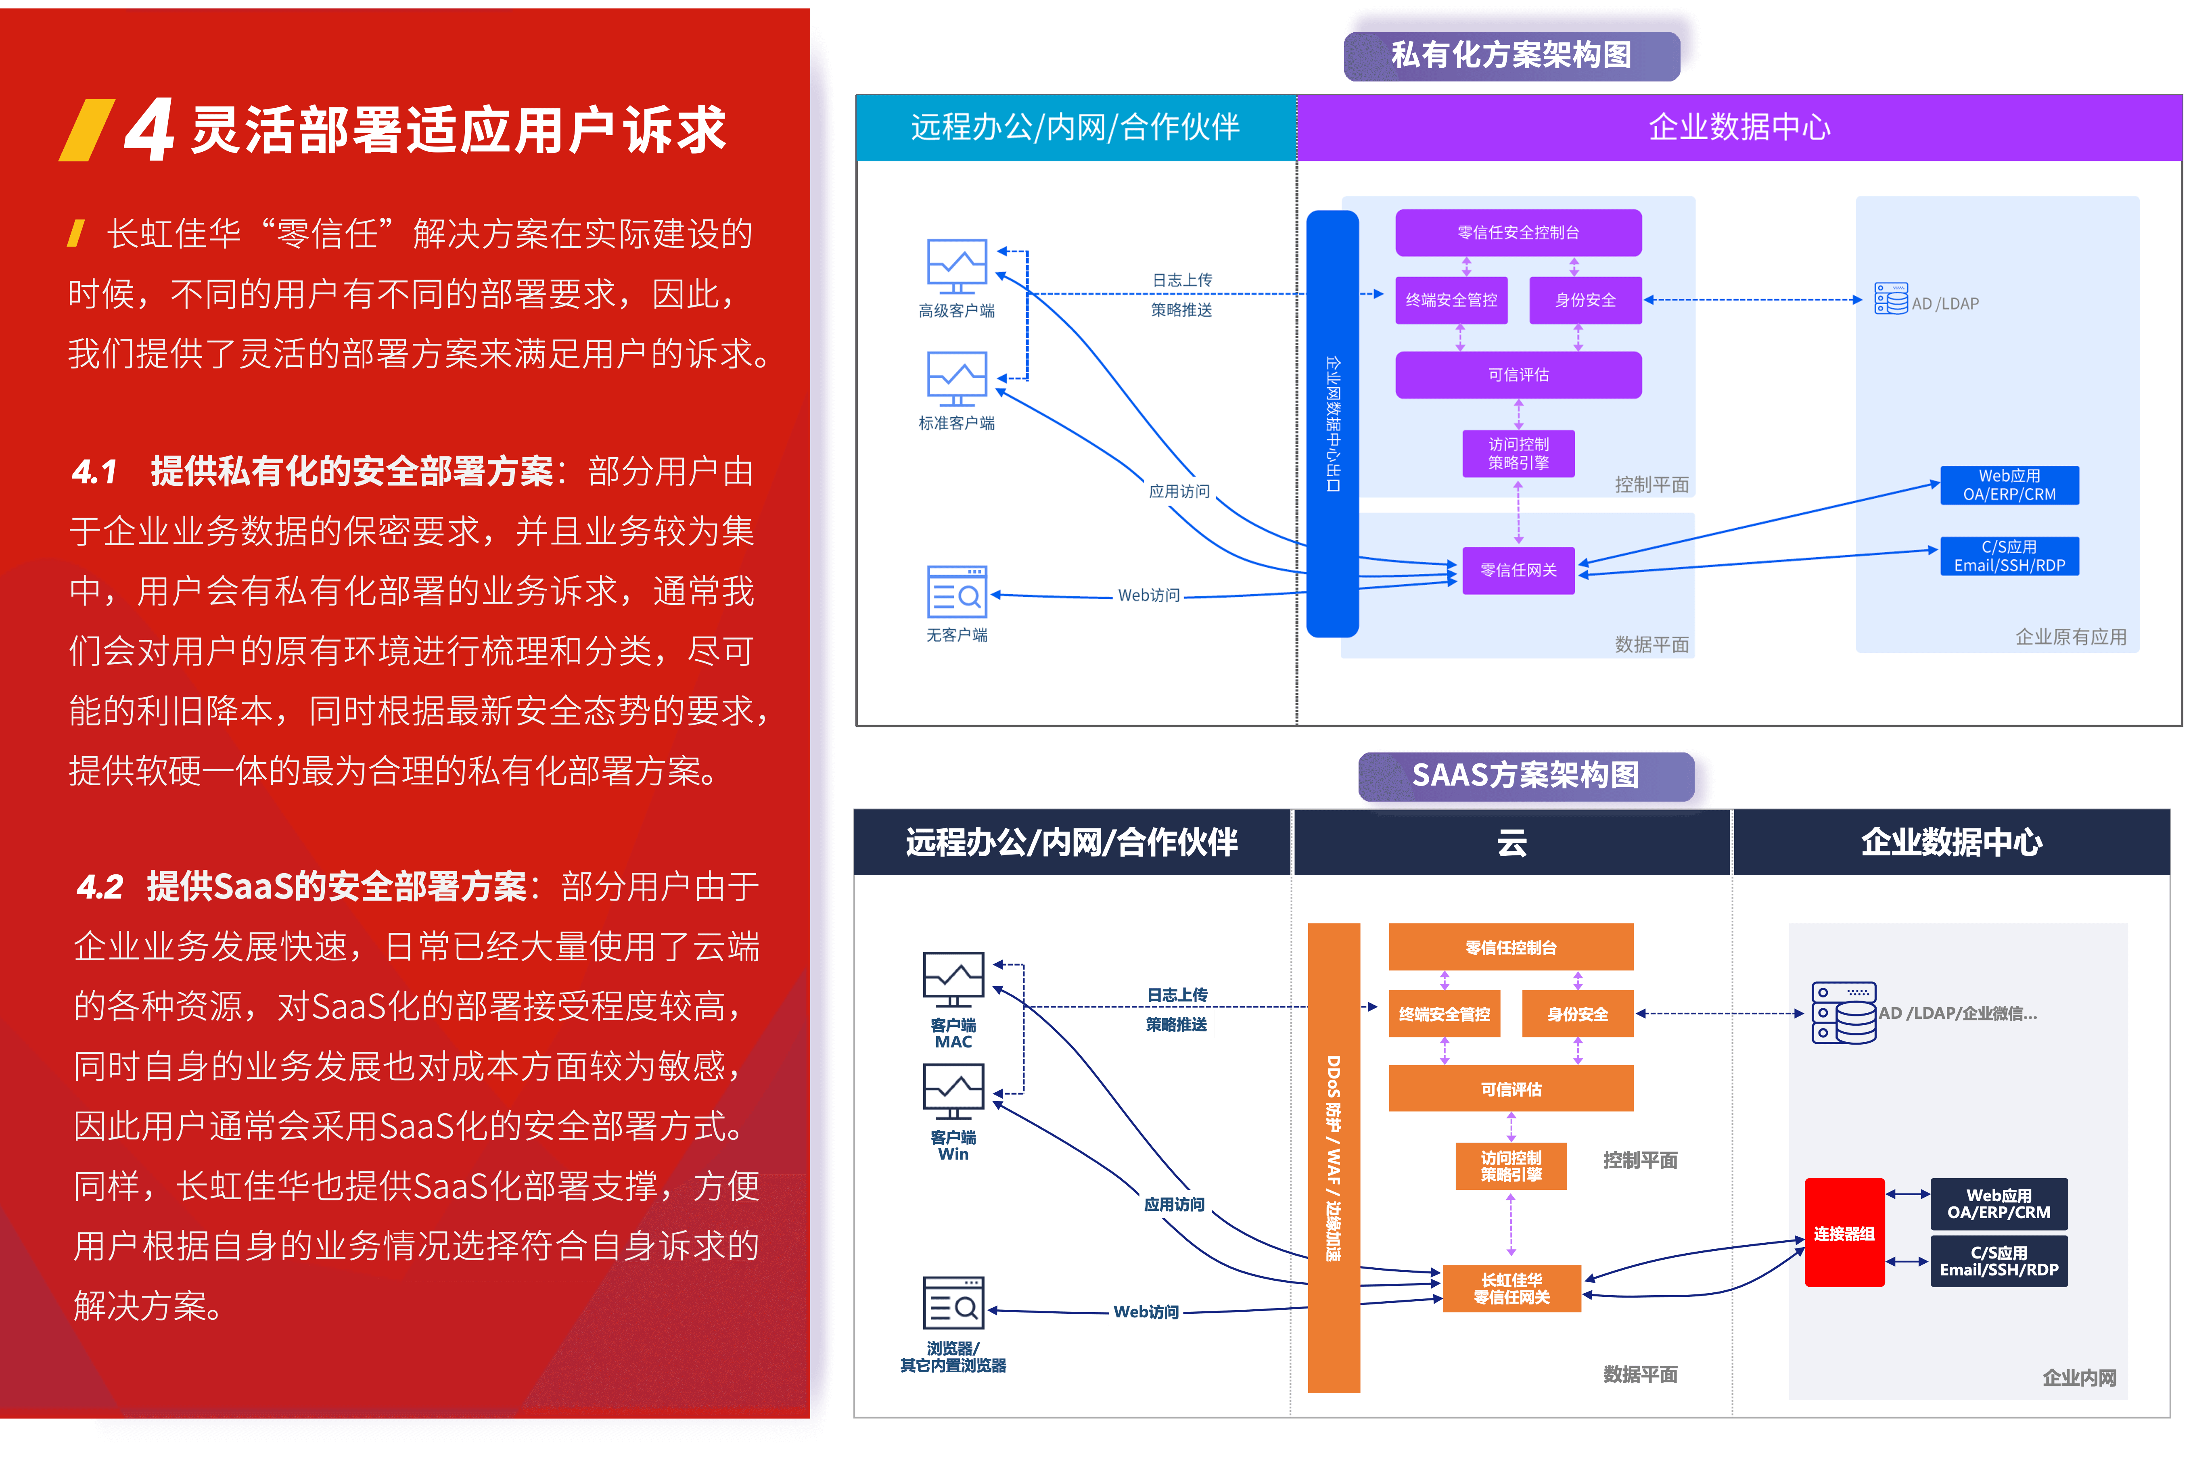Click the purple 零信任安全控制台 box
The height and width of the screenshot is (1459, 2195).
click(1518, 233)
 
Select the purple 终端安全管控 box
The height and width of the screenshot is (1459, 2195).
click(1451, 300)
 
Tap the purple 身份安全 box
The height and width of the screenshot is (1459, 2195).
click(1585, 300)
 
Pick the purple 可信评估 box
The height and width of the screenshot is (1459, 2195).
click(1518, 374)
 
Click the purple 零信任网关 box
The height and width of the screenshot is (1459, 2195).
click(1518, 569)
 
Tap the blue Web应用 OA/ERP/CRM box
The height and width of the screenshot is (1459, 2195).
click(2009, 485)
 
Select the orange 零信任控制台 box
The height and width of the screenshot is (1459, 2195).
click(1510, 947)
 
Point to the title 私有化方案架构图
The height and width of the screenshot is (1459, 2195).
click(1511, 54)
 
